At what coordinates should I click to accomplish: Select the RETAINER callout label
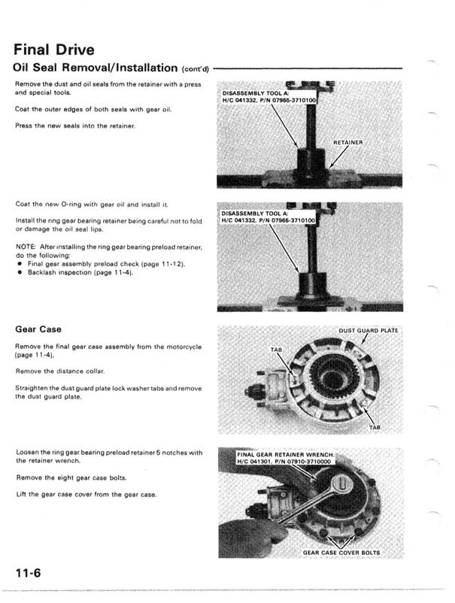tap(348, 141)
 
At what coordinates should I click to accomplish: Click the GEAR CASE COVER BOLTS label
tap(341, 553)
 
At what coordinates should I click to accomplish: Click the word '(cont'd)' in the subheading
tap(193, 69)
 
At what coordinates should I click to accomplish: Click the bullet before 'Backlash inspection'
tap(18, 271)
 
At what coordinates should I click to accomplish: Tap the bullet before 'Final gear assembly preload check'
tap(18, 263)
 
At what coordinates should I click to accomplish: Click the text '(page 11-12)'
tap(161, 263)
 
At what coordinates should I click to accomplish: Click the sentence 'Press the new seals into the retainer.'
tap(74, 126)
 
